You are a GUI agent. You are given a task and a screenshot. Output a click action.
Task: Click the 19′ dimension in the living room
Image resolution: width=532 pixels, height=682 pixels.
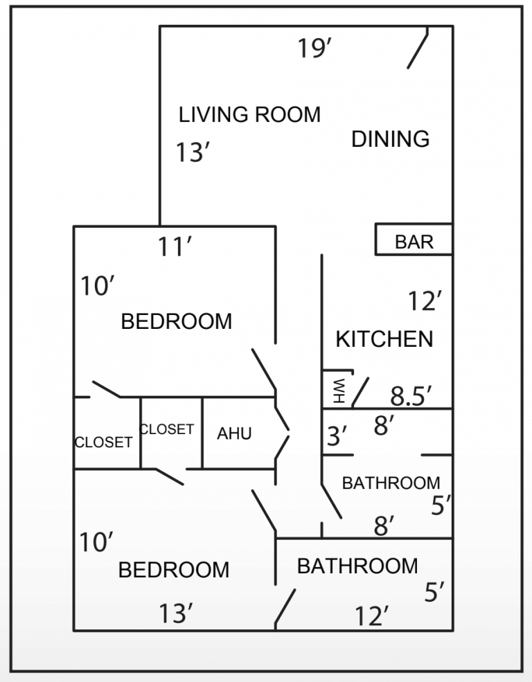315,48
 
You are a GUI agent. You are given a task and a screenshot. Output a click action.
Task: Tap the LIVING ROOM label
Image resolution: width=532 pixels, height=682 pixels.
249,114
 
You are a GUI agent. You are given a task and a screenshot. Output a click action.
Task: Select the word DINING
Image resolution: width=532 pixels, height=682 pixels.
390,138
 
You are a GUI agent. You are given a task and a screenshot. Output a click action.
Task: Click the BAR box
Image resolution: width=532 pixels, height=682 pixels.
414,241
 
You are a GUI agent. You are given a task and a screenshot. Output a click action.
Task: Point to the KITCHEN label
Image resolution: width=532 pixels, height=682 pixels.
384,339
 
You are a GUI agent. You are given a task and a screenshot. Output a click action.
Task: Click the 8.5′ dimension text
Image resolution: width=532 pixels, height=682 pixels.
411,396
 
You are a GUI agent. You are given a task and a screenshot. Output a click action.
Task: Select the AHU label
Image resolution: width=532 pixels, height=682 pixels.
234,434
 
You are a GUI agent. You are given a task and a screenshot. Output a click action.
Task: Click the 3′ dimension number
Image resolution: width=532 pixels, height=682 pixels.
337,437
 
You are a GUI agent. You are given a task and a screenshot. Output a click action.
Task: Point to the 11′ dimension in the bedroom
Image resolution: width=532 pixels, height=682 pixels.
174,246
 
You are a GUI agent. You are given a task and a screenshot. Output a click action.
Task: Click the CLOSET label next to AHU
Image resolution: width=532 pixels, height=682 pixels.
166,429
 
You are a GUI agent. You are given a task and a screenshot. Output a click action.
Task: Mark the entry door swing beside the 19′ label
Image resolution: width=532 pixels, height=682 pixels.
418,48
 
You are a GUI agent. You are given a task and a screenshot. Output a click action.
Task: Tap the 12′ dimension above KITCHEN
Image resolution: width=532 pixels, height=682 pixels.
425,302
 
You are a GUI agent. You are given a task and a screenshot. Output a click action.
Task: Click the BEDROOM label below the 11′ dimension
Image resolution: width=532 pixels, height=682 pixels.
176,321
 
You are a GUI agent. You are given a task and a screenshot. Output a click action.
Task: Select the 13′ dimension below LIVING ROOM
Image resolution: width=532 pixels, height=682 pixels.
192,152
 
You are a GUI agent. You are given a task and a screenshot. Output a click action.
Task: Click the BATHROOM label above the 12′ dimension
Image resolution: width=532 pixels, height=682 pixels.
357,566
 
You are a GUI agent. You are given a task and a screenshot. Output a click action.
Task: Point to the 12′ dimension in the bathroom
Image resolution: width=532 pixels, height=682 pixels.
371,616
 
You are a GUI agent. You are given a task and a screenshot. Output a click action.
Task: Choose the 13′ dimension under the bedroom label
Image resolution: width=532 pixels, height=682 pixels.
175,613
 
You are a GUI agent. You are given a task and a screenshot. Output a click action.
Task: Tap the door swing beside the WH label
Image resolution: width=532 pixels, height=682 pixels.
361,393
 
